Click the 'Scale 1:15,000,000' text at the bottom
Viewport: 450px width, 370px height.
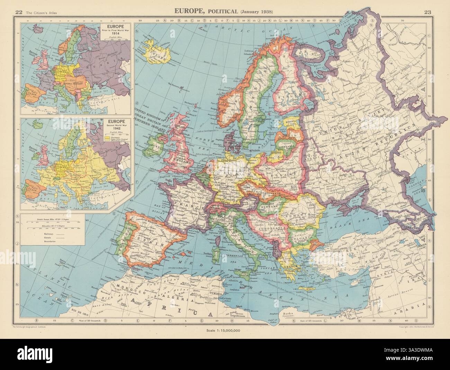tap(225, 331)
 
